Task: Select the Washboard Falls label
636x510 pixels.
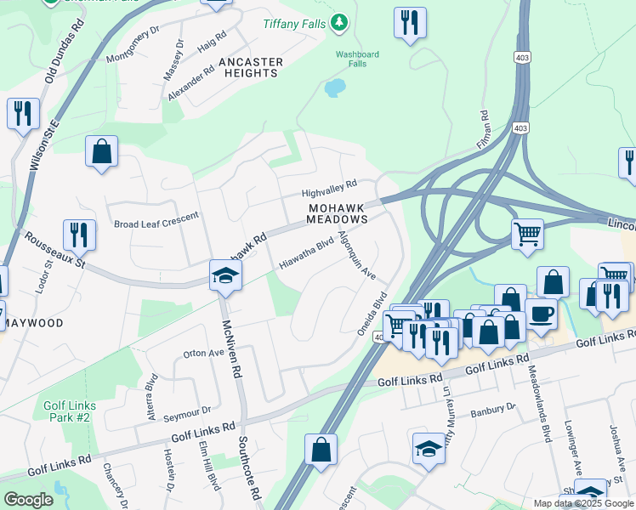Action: pyautogui.click(x=357, y=59)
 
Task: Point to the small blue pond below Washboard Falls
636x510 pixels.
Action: pyautogui.click(x=335, y=88)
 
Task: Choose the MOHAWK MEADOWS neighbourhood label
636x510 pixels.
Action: pyautogui.click(x=338, y=212)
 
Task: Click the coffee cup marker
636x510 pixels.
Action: pyautogui.click(x=541, y=314)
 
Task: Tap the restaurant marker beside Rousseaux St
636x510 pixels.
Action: pyautogui.click(x=79, y=235)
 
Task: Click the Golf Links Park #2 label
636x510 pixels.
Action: pyautogui.click(x=70, y=411)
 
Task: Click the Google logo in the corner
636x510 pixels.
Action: pyautogui.click(x=27, y=499)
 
